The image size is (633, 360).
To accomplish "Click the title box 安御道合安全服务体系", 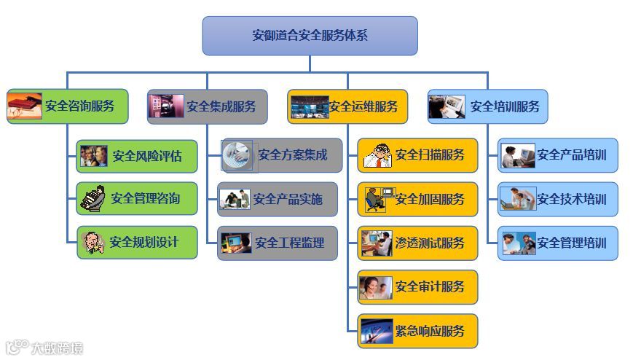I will point(310,36).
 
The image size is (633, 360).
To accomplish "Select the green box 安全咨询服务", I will point(68,106).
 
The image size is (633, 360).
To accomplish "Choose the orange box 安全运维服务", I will point(347,106).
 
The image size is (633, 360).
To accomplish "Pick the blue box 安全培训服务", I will point(487,106).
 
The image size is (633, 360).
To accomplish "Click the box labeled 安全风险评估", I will point(137,156).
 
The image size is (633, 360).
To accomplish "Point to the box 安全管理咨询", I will point(137,198).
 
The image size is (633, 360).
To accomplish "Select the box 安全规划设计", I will point(137,241).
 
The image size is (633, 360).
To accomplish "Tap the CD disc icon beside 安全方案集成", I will point(237,155).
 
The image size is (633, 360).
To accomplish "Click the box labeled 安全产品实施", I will point(278,199).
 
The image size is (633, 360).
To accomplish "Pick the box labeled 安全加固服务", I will point(417,199).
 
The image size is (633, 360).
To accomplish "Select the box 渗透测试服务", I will point(417,243).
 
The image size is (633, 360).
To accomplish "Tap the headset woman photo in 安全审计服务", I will point(375,286).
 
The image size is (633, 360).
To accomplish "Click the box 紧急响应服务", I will point(417,330).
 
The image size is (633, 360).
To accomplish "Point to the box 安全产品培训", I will point(558,155).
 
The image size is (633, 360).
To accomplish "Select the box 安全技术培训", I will point(558,199).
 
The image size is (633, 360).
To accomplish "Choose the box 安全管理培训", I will point(558,243).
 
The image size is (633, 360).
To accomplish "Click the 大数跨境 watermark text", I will point(56,348).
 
